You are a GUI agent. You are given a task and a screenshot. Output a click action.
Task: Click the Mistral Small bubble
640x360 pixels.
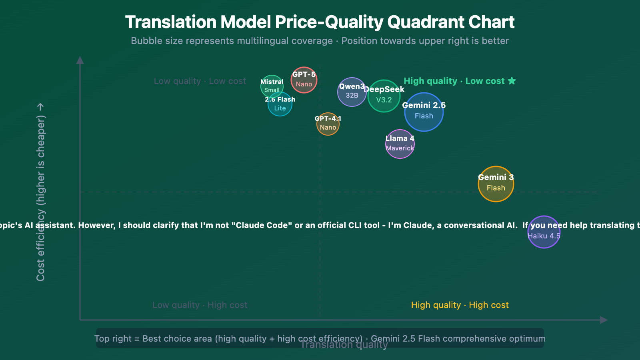tap(272, 86)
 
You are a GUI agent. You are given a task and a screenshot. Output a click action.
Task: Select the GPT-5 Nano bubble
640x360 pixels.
tap(304, 80)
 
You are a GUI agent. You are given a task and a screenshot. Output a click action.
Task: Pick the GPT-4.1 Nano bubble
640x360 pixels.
tap(328, 124)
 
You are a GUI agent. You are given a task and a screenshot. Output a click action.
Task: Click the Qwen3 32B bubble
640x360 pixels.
tap(352, 92)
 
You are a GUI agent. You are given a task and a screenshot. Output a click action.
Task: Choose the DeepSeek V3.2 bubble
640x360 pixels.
tap(384, 96)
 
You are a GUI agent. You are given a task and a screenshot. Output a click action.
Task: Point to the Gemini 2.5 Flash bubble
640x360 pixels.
tap(424, 112)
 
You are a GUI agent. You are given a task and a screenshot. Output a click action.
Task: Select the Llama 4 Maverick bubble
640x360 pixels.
tap(400, 144)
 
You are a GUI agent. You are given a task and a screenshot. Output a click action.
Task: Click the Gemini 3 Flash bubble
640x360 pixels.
tap(496, 184)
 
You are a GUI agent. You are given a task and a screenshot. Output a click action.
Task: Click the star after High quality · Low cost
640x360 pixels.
tap(512, 81)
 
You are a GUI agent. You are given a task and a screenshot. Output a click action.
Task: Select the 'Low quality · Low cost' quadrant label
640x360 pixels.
tap(200, 81)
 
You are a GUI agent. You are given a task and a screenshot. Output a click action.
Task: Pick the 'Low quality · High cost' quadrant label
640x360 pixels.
tap(200, 305)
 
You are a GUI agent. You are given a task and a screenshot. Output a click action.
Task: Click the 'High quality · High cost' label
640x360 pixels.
tap(460, 305)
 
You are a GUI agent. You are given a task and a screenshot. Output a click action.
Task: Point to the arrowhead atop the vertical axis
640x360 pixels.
tap(80, 60)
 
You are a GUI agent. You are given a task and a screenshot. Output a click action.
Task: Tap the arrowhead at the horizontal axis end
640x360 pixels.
tap(604, 320)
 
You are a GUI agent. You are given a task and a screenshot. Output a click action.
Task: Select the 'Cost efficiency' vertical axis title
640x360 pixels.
tap(41, 192)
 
